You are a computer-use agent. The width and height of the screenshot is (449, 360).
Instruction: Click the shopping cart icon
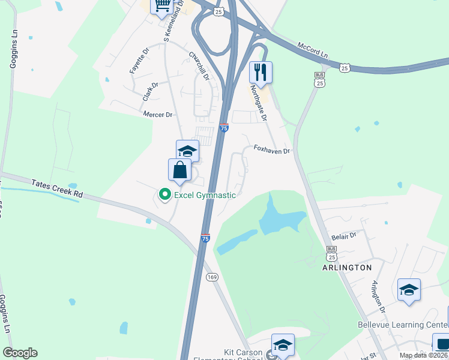pos(162,6)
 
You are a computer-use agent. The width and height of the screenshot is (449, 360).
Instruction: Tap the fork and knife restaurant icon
pos(261,73)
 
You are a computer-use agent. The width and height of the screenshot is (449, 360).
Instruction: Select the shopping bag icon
pos(180,170)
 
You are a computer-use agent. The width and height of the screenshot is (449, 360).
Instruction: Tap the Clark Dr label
pos(150,91)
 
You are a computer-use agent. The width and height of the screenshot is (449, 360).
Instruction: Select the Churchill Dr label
pos(199,66)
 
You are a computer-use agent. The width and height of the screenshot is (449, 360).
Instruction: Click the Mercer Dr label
pos(157,114)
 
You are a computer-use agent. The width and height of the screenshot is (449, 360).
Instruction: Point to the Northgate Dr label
pos(261,102)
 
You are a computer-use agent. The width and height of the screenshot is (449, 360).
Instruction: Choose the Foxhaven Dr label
pos(271,150)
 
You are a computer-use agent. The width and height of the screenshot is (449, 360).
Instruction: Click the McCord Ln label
pos(313,50)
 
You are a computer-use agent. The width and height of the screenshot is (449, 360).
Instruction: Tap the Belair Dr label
pos(344,236)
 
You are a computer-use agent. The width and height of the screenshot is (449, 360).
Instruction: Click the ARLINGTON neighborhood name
pos(348,267)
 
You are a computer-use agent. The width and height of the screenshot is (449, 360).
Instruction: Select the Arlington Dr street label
pos(378,296)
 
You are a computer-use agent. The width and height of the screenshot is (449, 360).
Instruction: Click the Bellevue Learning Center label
pos(403,325)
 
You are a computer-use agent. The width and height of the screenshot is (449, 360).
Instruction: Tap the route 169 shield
pos(212,277)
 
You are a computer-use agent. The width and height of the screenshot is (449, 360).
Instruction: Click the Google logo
pos(20,353)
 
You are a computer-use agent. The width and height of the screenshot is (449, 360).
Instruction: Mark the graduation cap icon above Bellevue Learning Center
pos(409,290)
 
